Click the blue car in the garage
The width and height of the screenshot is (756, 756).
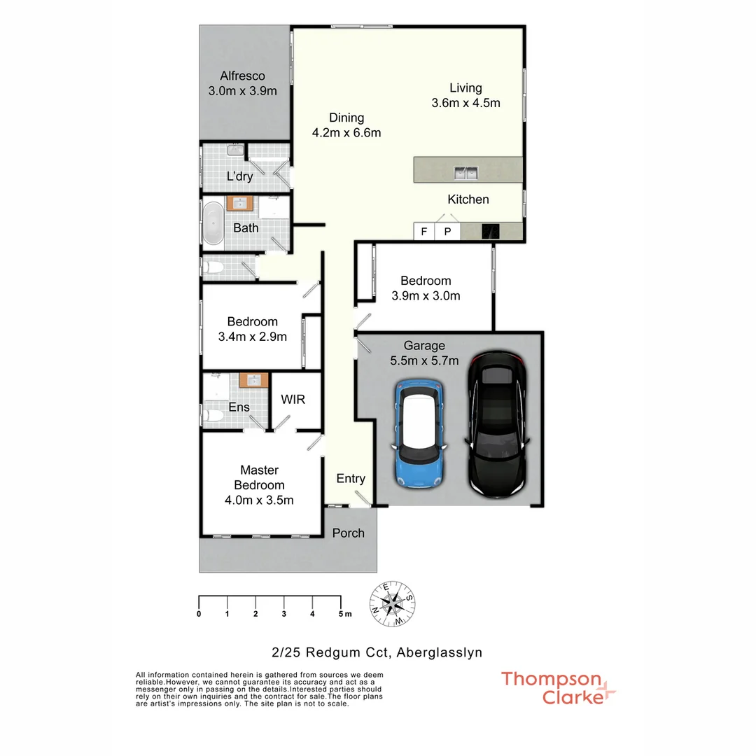(419, 434)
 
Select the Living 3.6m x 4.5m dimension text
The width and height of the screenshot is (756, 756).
(465, 103)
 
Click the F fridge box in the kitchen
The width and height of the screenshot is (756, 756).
(423, 231)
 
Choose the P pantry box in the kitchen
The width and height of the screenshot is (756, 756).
(448, 231)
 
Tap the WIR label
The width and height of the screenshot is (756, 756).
(293, 400)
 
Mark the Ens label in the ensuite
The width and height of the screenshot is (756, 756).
(239, 407)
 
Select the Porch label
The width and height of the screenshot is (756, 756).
(348, 533)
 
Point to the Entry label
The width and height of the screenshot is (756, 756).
(351, 479)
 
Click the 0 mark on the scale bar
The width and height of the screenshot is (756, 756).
(199, 614)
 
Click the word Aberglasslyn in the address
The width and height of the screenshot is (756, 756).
(439, 652)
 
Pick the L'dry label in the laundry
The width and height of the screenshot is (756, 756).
(239, 176)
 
